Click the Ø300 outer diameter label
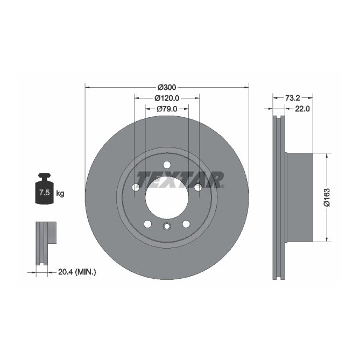click(167, 87)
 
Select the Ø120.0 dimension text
click(167, 98)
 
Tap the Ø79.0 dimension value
click(167, 109)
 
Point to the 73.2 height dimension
click(292, 98)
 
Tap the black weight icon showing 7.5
click(44, 189)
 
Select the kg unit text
click(60, 193)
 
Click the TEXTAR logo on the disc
click(180, 179)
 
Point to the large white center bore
click(167, 197)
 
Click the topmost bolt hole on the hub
click(167, 165)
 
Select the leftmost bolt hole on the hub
click(136, 187)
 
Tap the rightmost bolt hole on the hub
click(197, 187)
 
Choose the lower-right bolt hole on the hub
click(186, 224)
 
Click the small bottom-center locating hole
click(167, 227)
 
